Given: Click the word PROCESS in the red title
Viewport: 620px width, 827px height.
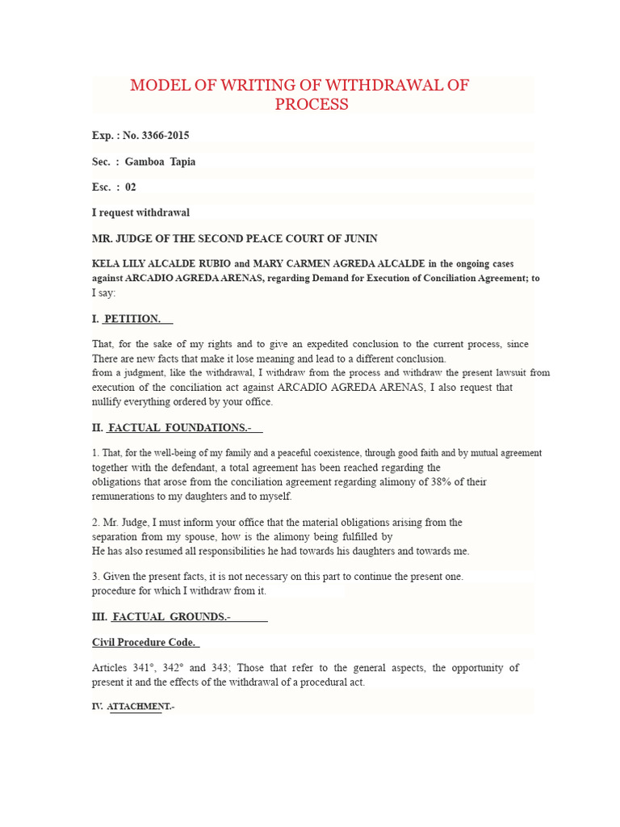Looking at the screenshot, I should tap(312, 104).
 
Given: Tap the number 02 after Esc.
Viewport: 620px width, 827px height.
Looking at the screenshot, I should tap(131, 187).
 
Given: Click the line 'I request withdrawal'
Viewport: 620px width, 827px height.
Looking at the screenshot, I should tap(140, 212).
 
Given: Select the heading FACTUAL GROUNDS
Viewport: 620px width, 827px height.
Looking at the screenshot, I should tap(171, 617).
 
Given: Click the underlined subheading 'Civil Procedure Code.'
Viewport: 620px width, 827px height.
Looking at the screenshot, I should tap(144, 642).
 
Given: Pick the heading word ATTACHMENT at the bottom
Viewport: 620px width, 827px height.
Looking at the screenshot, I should tap(139, 707).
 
